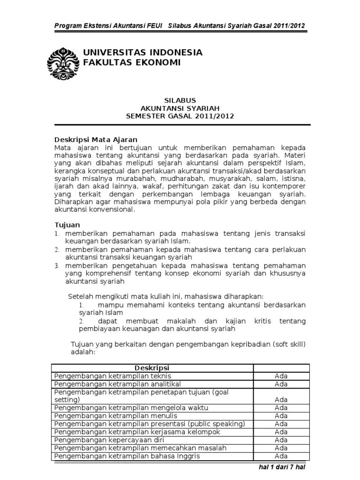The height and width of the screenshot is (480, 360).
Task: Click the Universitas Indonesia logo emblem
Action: [x=63, y=63]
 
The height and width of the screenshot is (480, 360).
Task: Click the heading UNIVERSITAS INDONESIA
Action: [x=142, y=52]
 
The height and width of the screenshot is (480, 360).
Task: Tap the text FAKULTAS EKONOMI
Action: [x=131, y=63]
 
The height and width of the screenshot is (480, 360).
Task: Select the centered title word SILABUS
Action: [x=180, y=100]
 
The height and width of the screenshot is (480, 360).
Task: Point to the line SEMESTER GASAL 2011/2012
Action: [x=180, y=116]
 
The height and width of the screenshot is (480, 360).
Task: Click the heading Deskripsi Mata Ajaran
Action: [x=96, y=140]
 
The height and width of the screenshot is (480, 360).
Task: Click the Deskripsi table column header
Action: [x=152, y=367]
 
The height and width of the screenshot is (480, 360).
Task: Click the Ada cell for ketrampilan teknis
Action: [x=281, y=376]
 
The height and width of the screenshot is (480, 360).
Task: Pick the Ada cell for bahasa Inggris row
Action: [x=281, y=456]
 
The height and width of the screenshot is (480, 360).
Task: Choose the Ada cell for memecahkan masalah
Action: [x=281, y=448]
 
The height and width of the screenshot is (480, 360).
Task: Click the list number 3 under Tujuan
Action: [x=56, y=265]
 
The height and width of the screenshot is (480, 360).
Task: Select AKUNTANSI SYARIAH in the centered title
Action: [x=180, y=108]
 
